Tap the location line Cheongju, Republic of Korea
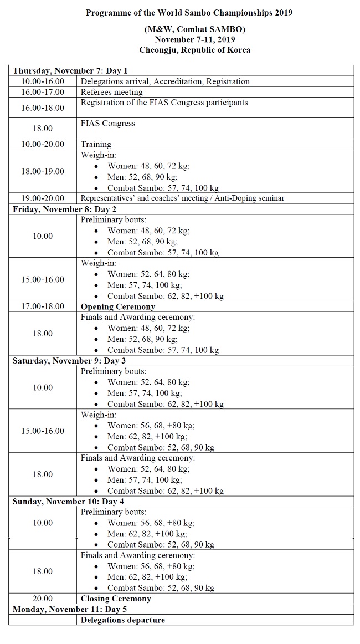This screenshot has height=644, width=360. tap(194, 49)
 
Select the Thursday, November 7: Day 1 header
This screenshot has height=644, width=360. tap(70, 71)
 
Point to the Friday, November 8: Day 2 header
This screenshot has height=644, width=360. tap(65, 209)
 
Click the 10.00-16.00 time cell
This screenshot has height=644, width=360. tap(43, 81)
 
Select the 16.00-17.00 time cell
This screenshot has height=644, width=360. tap(43, 92)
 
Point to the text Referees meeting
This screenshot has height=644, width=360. tap(111, 92)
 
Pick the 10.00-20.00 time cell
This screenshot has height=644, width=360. tap(43, 144)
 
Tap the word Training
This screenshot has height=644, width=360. tap(96, 144)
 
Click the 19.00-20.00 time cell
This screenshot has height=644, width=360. tap(43, 198)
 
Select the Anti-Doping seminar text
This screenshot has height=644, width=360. tap(252, 198)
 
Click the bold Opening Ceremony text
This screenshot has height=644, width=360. tap(117, 306)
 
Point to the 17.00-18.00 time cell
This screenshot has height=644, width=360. tap(43, 306)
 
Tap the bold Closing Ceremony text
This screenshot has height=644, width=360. tap(116, 599)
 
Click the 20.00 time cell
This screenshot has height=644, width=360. tap(43, 599)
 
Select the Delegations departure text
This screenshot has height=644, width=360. tap(122, 620)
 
